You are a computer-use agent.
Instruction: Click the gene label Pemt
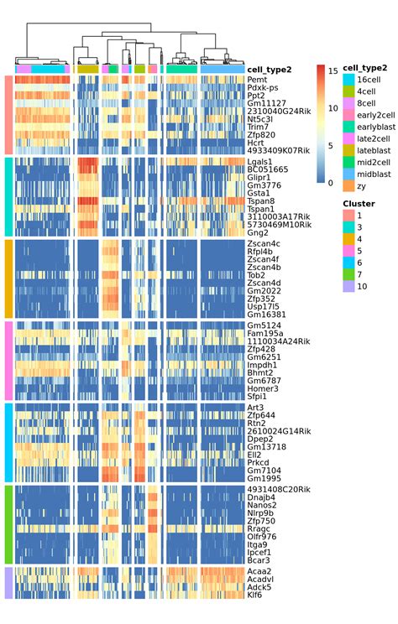click(x=257, y=80)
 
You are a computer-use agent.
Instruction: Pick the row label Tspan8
click(x=262, y=201)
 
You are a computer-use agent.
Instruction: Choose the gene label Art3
click(x=255, y=408)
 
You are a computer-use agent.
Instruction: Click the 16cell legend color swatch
click(x=348, y=79)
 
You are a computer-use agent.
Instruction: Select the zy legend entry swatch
click(x=348, y=185)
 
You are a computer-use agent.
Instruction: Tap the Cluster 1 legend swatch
click(x=348, y=216)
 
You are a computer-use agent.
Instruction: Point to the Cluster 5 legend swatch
click(x=348, y=252)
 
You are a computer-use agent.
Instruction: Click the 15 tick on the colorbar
click(x=333, y=71)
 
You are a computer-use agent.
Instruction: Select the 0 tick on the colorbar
click(x=333, y=182)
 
